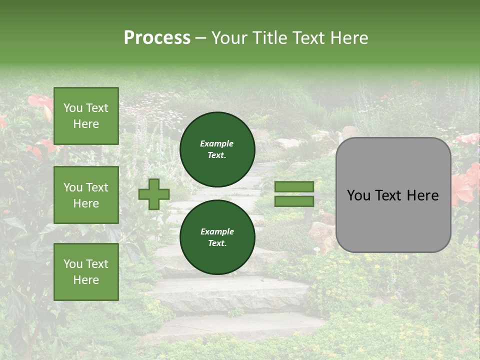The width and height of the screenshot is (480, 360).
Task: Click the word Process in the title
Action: (157, 38)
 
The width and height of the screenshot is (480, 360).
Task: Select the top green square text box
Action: (86, 116)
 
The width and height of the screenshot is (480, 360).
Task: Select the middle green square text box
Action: (86, 195)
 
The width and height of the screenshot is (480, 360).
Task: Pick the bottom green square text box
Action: (86, 272)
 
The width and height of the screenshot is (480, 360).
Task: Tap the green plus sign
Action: (154, 194)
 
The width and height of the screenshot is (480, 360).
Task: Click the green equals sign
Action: (294, 194)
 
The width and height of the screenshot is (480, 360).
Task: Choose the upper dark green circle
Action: (217, 149)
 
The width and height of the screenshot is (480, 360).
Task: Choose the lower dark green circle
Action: (217, 237)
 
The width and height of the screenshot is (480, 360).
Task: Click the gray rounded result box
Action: (393, 195)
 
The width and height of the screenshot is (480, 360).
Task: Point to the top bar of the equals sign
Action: (294, 186)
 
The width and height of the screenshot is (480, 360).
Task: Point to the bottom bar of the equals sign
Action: (294, 201)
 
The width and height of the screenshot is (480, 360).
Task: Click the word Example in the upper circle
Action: (216, 143)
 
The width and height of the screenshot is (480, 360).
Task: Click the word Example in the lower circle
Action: (217, 231)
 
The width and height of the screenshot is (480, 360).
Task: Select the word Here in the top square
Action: (86, 124)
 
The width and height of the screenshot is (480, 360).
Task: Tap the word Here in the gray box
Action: (422, 195)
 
